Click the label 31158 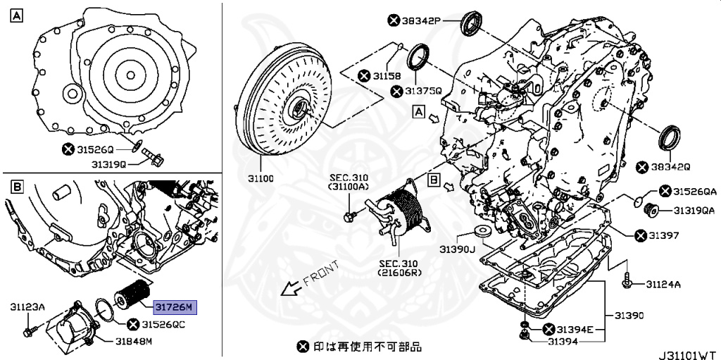(387, 75)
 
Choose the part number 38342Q (672, 167)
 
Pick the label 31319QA (695, 210)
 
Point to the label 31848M (134, 342)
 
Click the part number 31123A (27, 306)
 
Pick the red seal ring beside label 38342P (470, 23)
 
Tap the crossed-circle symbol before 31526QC (132, 325)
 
